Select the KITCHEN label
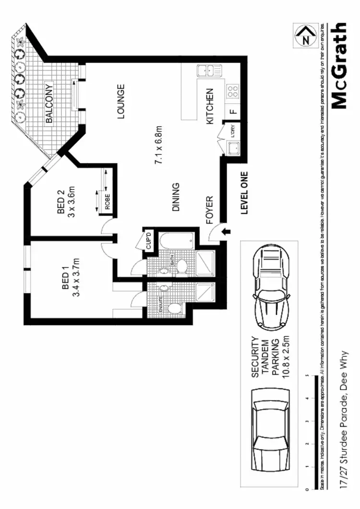coord(210,107)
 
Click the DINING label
coord(176,197)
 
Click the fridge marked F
coord(233,112)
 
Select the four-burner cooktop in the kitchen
coord(233,91)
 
